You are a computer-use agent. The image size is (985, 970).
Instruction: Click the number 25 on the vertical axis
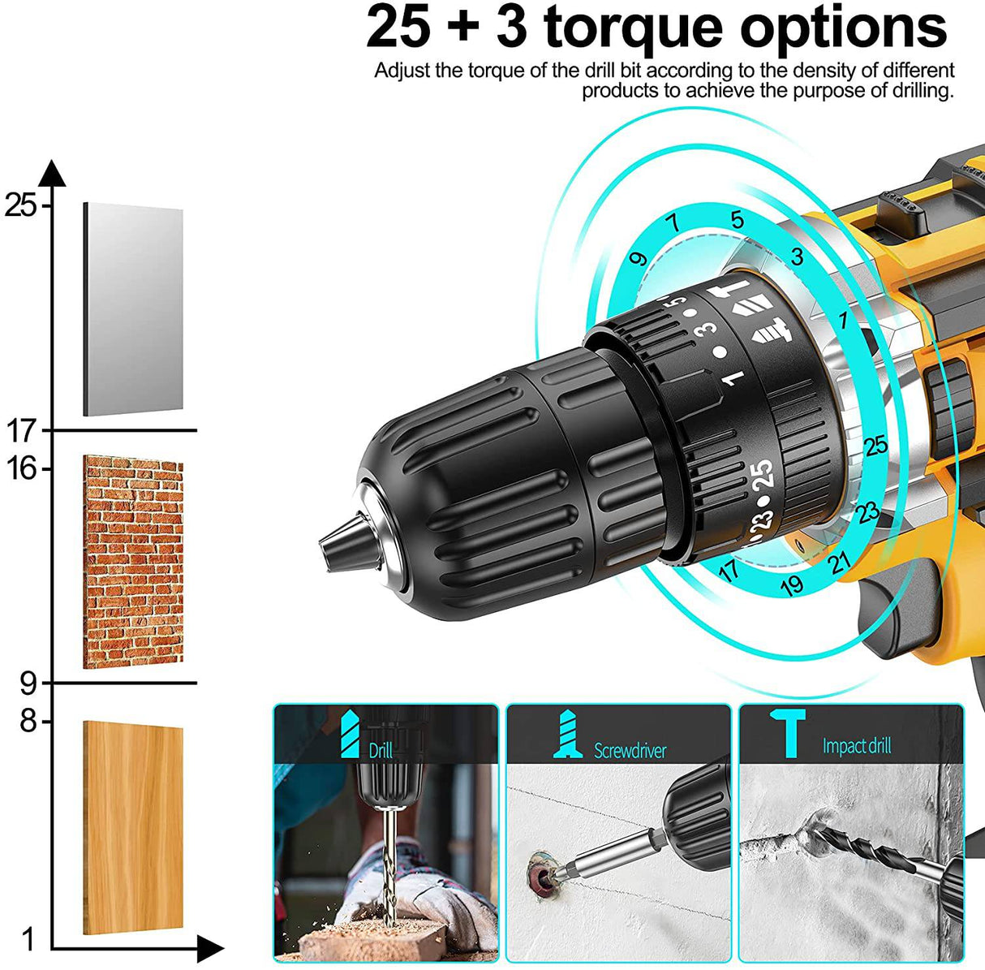[20, 205]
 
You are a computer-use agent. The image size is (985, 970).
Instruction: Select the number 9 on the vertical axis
[28, 683]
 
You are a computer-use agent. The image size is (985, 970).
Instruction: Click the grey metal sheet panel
[134, 309]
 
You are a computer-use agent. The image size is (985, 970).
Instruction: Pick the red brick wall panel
[134, 562]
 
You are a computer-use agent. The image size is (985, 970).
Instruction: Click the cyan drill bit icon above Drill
[350, 734]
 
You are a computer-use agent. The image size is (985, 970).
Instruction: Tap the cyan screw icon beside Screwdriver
[569, 734]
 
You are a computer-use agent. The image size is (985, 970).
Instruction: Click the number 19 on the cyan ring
[792, 584]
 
